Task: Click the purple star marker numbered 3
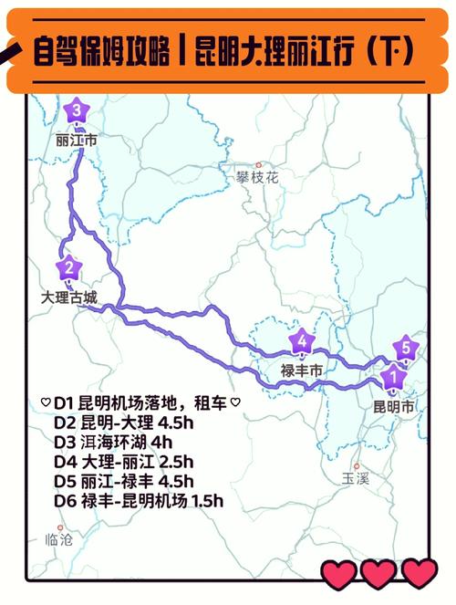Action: coord(77,111)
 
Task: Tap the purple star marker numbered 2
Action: coord(67,268)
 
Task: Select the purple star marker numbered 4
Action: coord(302,342)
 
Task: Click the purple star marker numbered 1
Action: coord(392,374)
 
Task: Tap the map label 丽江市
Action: coord(76,141)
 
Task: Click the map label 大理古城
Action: coord(68,297)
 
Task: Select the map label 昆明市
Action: coord(394,404)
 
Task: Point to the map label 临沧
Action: coord(59,540)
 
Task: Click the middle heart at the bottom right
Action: coord(378,575)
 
